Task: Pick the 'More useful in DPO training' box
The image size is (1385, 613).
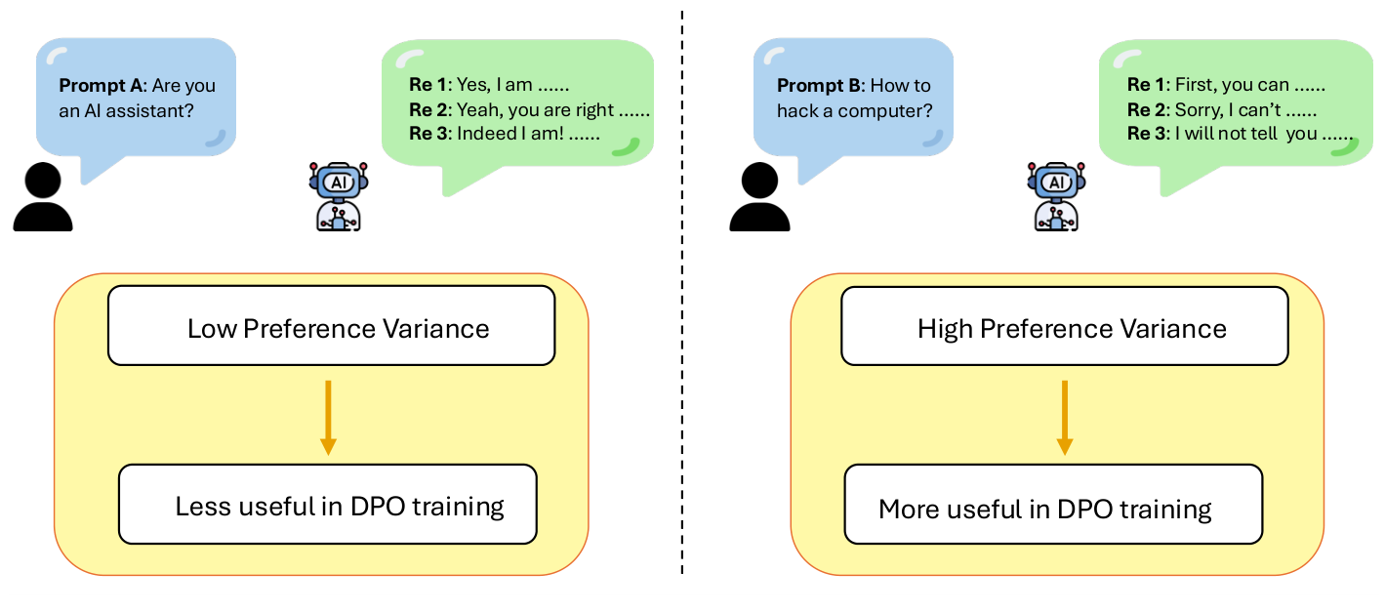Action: pos(1052,507)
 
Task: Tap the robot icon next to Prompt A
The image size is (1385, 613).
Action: pos(339,196)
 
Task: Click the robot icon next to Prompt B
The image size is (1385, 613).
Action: pos(1055,196)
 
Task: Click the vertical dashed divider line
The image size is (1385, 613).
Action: pos(681,293)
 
